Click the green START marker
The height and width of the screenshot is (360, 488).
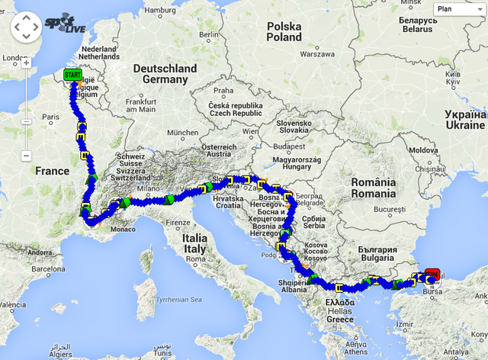(72, 75)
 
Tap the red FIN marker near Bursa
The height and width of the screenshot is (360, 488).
(432, 272)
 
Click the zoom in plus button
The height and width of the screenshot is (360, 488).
(26, 63)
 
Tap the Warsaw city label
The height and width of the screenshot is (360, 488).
(318, 55)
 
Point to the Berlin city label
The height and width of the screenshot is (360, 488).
(208, 34)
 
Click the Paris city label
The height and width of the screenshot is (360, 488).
(50, 117)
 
